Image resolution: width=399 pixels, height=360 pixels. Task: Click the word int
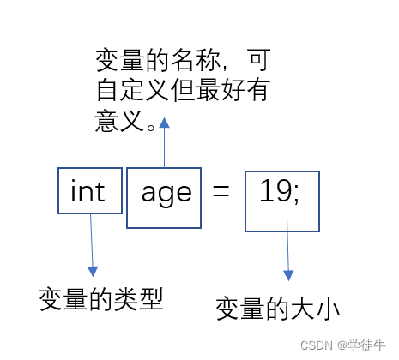click(88, 191)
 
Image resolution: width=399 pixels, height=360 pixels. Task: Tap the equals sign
click(221, 191)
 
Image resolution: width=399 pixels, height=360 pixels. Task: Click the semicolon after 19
click(296, 195)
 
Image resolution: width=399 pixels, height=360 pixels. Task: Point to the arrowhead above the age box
click(164, 123)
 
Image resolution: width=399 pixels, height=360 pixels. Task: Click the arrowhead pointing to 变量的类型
click(93, 272)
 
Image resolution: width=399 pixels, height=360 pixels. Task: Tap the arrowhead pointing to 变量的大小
click(288, 275)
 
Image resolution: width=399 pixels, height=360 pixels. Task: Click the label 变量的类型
click(101, 299)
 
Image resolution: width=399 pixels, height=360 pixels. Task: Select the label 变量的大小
click(278, 309)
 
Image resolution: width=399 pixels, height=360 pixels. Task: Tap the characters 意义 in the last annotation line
click(119, 121)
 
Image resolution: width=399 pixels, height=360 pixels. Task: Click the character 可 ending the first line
click(260, 60)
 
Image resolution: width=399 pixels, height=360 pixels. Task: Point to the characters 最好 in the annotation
click(221, 90)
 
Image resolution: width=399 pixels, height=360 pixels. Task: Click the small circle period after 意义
click(151, 127)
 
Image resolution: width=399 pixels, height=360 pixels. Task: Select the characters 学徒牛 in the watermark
click(367, 345)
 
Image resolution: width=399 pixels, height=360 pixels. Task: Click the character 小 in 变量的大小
click(328, 309)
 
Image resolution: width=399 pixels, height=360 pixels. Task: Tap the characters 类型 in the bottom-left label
click(139, 299)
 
